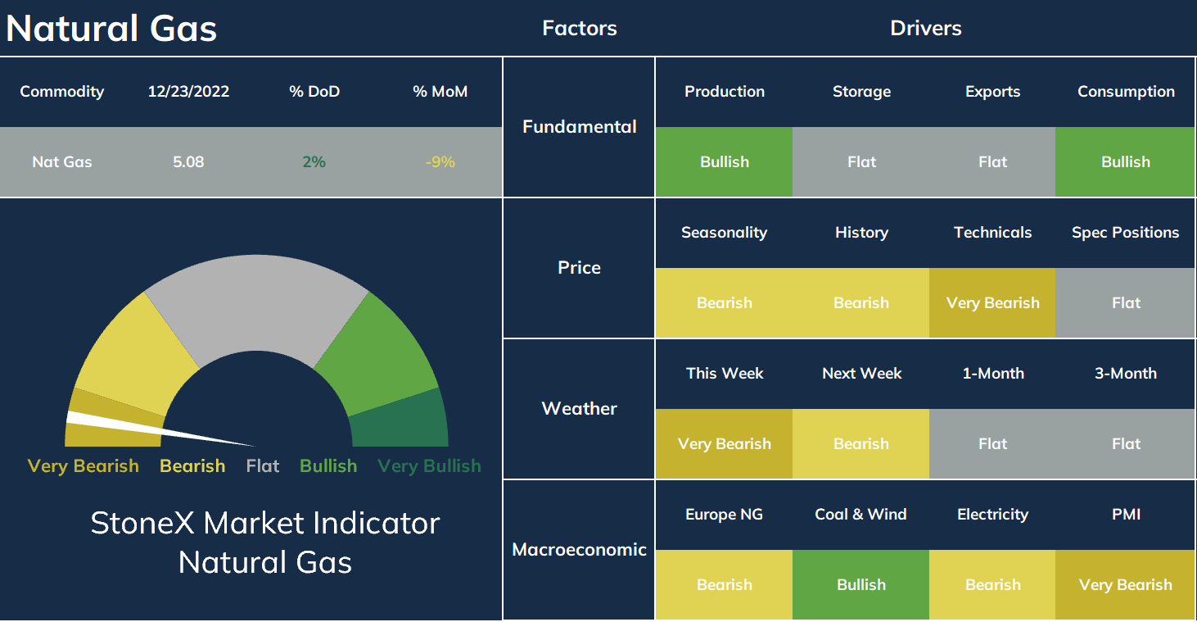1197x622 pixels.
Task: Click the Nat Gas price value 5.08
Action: [188, 162]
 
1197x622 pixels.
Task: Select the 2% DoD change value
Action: [314, 162]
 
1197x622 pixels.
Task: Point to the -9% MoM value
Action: [440, 162]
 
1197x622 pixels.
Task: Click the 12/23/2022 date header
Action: [188, 92]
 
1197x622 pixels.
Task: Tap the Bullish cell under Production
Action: [724, 162]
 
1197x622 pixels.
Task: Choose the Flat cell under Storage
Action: [860, 162]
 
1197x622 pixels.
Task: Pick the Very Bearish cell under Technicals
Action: [992, 302]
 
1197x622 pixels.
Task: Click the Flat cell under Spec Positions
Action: [1126, 302]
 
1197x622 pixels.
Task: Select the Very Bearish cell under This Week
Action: [724, 444]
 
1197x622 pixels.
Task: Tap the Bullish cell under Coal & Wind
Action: [860, 584]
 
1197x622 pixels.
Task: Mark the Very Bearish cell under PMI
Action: [1126, 584]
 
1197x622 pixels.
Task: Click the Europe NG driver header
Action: [724, 515]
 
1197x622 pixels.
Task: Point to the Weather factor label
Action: [580, 409]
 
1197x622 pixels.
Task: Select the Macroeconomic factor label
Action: [580, 549]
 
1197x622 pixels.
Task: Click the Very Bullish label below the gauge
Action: [429, 466]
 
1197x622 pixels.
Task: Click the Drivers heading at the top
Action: [925, 29]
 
